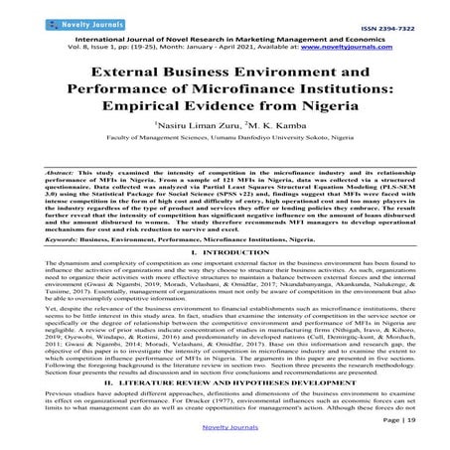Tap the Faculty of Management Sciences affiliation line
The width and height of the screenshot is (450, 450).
coord(225,151)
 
